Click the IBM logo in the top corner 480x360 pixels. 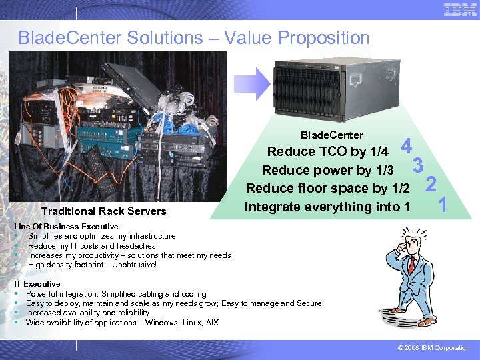click(x=460, y=10)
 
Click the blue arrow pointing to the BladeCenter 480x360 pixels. click(x=253, y=83)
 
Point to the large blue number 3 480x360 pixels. click(x=419, y=164)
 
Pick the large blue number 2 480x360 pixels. click(x=431, y=183)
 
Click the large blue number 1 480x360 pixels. click(x=442, y=205)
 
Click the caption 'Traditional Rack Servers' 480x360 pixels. click(x=104, y=211)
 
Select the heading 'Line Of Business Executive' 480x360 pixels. click(x=66, y=227)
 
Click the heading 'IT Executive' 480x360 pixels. click(x=37, y=284)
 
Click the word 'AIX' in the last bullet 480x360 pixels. click(x=211, y=323)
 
